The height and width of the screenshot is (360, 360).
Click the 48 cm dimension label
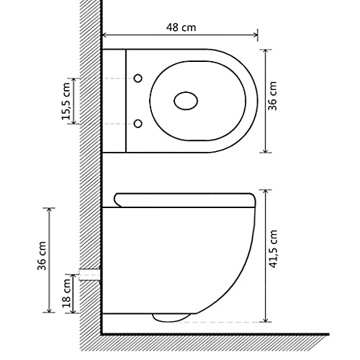pyautogui.click(x=180, y=27)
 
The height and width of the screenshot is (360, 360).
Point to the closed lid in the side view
pyautogui.click(x=184, y=197)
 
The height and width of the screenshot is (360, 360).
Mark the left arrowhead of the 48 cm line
pyautogui.click(x=105, y=35)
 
